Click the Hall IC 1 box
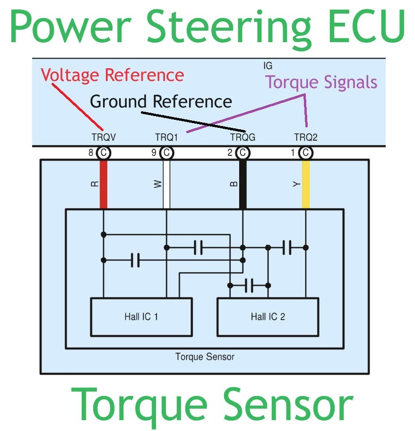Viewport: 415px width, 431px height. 141,316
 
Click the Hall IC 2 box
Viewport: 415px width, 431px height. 268,316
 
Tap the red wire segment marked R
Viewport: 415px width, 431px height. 104,184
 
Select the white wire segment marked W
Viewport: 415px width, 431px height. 166,184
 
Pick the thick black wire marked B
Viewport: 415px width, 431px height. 243,184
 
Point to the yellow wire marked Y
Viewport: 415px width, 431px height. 306,184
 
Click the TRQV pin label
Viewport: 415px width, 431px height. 104,137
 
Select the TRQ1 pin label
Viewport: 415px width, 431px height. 166,137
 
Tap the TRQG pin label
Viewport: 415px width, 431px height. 242,137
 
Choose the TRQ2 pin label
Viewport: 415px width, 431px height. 306,137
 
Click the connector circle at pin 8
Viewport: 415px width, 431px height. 104,153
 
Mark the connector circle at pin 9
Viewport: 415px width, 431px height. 166,153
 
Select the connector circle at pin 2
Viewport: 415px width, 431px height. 242,153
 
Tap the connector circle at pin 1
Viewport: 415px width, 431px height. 306,153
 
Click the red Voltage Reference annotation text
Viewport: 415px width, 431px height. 112,75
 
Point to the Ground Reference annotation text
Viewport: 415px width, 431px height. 161,101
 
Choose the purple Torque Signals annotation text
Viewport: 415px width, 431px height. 321,82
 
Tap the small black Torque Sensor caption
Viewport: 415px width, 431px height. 205,356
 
